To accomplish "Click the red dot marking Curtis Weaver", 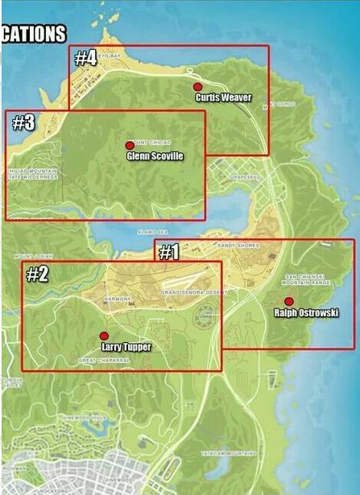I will [197, 86].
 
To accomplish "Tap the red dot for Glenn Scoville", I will [130, 146].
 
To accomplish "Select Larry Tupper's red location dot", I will [103, 336].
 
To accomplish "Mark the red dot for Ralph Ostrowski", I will [289, 302].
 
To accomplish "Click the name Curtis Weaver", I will [224, 97].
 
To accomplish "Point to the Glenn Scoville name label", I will [155, 156].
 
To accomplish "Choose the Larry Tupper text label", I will [126, 347].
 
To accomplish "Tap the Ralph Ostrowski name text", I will [306, 312].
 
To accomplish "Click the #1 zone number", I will [168, 253].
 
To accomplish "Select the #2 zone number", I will [38, 274].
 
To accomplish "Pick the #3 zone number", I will [24, 122].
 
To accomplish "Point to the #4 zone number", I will [85, 58].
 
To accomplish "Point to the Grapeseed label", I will [242, 175].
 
